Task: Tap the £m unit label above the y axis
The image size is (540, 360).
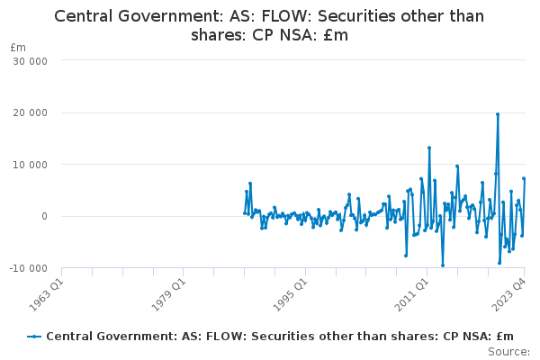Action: [18, 48]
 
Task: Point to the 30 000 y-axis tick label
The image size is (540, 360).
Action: [30, 61]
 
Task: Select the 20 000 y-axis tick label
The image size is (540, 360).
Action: [30, 112]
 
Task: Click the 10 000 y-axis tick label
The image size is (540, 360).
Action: [30, 165]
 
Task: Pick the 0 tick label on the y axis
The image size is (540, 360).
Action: [44, 216]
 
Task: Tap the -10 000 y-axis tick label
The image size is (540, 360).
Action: [28, 268]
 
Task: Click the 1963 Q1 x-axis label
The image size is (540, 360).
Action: [47, 295]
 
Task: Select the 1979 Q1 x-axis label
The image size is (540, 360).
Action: [168, 295]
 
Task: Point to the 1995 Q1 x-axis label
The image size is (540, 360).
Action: [290, 295]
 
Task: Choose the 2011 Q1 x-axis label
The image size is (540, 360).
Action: [411, 295]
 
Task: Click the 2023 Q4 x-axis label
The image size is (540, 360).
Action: [509, 295]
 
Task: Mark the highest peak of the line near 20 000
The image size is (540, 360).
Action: [498, 114]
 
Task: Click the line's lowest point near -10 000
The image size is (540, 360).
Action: [443, 265]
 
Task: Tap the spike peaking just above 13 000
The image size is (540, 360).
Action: [429, 148]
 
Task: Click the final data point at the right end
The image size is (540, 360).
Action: [524, 178]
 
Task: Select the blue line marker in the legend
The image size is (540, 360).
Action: [34, 337]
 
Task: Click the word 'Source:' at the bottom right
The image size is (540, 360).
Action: [509, 352]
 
